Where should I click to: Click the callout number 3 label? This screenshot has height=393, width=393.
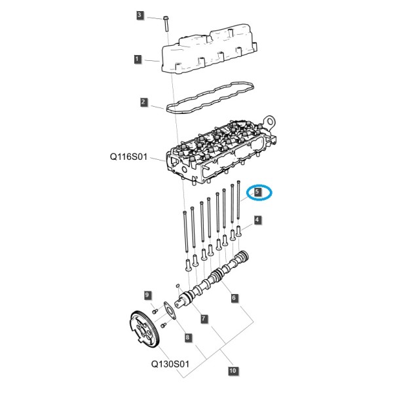click(x=140, y=15)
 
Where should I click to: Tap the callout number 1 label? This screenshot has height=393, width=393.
click(x=137, y=60)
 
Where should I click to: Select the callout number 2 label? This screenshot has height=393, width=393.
click(x=143, y=102)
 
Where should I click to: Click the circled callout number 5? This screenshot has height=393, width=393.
click(x=257, y=192)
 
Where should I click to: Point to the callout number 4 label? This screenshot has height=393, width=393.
click(x=257, y=220)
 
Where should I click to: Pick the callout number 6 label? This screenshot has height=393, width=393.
click(x=234, y=298)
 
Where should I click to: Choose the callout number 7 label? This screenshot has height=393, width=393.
click(x=204, y=319)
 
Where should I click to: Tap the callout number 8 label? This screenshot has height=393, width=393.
click(x=187, y=337)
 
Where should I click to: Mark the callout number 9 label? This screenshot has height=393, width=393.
click(x=147, y=295)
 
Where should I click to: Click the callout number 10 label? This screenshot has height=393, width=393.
click(x=233, y=371)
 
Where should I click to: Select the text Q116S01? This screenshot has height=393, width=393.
click(x=128, y=157)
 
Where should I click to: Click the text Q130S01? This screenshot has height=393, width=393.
click(x=170, y=364)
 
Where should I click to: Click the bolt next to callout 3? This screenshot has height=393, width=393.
click(x=166, y=24)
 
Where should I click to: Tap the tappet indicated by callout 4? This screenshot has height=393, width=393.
click(x=238, y=231)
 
